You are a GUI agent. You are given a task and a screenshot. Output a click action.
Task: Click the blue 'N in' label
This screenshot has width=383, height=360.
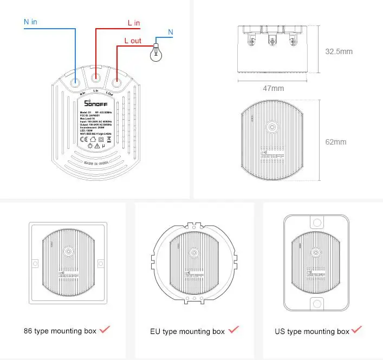[30, 22]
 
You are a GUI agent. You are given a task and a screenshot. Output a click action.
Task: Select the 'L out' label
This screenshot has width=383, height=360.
[133, 41]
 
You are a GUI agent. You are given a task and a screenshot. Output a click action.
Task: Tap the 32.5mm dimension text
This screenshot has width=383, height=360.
[339, 52]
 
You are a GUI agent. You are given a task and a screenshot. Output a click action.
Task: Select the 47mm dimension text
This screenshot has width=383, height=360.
[274, 88]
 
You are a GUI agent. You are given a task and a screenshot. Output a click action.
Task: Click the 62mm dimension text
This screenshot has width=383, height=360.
[335, 142]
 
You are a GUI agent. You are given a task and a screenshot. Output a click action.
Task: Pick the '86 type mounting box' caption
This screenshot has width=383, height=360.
[60, 330]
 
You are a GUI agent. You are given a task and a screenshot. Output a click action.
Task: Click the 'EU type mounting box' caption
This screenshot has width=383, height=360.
[187, 331]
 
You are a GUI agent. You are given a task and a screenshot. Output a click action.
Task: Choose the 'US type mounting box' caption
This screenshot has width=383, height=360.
[313, 331]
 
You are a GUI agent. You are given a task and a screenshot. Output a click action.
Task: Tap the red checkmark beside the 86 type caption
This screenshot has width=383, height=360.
[105, 329]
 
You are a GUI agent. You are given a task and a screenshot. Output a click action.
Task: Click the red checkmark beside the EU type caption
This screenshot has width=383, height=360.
[233, 329]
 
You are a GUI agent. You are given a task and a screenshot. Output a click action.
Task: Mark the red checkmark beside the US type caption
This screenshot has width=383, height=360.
[356, 329]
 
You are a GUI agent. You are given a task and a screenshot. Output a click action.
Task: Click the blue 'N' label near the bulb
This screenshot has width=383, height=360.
[170, 32]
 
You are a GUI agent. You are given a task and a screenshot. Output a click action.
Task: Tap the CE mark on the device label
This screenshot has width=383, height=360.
[76, 139]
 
